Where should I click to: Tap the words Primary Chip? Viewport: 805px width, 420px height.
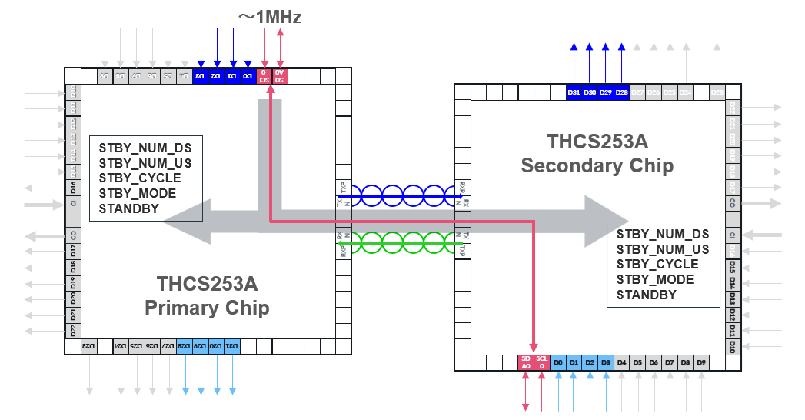[x=207, y=308]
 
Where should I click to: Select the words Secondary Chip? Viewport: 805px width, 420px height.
[x=597, y=165]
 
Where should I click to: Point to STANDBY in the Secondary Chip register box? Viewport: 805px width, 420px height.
[x=647, y=295]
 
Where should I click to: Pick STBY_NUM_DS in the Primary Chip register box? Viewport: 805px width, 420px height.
[x=145, y=148]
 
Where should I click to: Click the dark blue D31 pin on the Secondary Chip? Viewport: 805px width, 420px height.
[x=574, y=92]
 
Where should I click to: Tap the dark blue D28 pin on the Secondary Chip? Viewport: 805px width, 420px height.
[x=622, y=92]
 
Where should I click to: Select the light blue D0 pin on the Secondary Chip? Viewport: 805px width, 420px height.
[x=558, y=362]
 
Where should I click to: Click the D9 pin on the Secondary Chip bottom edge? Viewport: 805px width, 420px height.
[x=701, y=362]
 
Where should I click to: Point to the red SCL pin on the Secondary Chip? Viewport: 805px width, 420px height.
[x=542, y=362]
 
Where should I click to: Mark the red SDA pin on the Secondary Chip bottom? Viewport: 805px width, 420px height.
[x=526, y=362]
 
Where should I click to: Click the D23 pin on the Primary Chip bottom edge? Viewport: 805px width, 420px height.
[x=89, y=346]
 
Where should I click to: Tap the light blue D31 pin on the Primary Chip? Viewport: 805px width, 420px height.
[x=231, y=346]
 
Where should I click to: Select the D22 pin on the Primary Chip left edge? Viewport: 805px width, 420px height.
[x=73, y=331]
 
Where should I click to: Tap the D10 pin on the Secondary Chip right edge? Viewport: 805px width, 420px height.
[x=733, y=345]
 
